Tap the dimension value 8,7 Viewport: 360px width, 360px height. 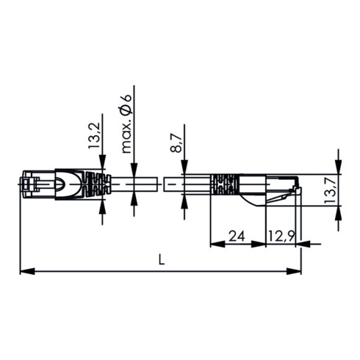(x=176, y=139)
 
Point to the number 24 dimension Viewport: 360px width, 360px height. (x=236, y=236)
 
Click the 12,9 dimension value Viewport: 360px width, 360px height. (x=281, y=236)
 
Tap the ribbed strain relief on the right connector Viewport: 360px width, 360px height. (x=223, y=185)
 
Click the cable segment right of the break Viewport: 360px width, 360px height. (x=187, y=184)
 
